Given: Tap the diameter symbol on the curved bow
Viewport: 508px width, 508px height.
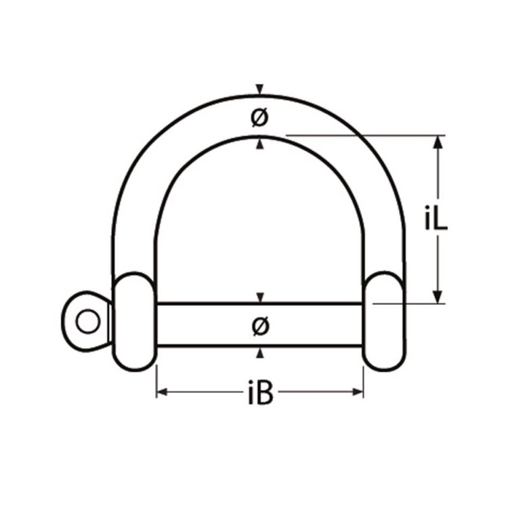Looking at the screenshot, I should point(259,118).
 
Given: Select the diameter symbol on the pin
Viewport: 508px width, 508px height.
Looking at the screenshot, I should point(259,326).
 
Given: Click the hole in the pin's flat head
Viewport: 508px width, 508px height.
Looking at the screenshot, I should point(87,320).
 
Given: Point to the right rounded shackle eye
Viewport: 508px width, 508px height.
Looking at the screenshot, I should point(384,320).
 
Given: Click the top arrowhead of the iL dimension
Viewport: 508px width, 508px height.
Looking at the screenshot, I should point(438,142).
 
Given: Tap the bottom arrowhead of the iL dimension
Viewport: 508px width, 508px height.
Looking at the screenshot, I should point(438,297).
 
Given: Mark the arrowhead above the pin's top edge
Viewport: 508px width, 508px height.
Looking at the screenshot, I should point(259,298).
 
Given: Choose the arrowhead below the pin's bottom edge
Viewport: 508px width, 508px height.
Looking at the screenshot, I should point(259,353).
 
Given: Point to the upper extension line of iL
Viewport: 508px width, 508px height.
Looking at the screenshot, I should point(366,135).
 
